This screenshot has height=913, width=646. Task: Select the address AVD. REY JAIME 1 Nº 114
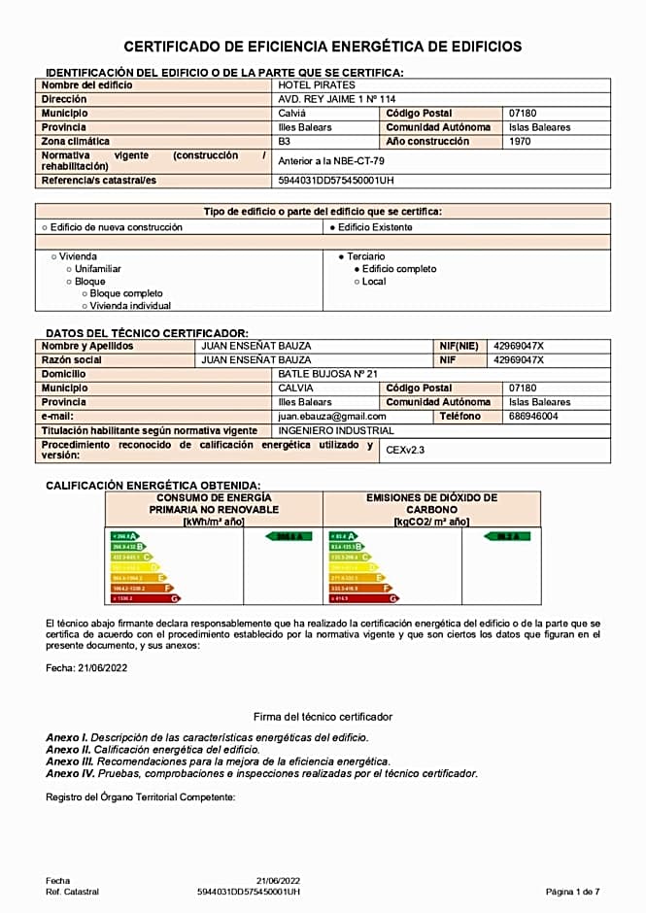coord(337,99)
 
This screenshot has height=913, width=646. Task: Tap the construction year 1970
coord(521,141)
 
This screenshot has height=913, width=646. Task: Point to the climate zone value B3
coord(285,141)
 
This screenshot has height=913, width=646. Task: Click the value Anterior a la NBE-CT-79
coord(330,160)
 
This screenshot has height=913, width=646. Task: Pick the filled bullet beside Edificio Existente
coord(332,227)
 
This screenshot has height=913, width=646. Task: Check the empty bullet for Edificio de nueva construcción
coord(45,227)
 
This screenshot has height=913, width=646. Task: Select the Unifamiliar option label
coord(98,269)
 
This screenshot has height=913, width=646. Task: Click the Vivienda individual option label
coord(130,306)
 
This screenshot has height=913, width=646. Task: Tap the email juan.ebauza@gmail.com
coord(332,416)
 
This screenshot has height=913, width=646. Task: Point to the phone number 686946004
coord(533,416)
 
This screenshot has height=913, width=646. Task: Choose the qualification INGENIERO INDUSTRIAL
coord(336,430)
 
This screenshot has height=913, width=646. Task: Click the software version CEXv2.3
coord(405,450)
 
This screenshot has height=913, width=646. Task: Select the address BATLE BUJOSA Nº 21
coord(327,374)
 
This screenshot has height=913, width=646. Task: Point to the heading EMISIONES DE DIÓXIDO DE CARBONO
coord(431,503)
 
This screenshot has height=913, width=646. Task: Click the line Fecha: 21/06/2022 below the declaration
coord(86,668)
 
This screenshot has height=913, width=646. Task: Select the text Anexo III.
coord(67,761)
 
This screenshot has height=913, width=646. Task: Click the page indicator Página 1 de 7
coord(572,891)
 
